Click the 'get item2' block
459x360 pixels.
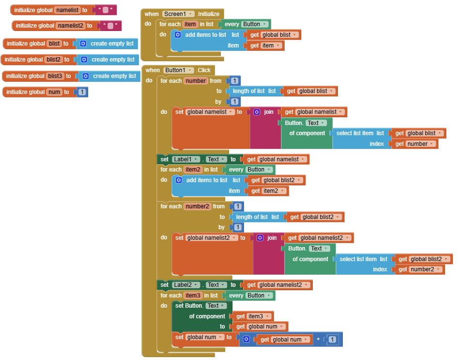pos(267,191)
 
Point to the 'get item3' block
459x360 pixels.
pos(252,316)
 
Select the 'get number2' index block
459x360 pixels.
pos(419,269)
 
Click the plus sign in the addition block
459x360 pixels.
pos(318,340)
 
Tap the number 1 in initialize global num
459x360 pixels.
pos(82,92)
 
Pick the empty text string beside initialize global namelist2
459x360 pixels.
pos(110,26)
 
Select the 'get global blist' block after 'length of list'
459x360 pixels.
pos(310,91)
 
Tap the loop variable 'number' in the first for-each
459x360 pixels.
pos(196,81)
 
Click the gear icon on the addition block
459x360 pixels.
pos(246,340)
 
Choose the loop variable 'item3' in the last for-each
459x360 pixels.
pos(193,296)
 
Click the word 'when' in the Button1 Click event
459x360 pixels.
pos(153,70)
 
